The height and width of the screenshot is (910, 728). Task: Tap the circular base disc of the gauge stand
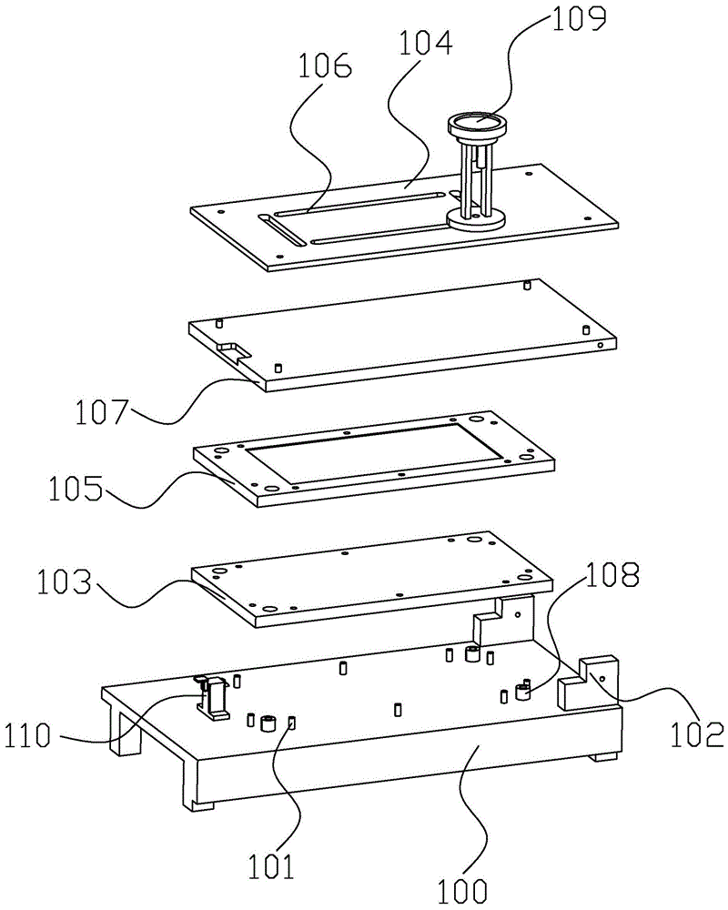[x=478, y=219]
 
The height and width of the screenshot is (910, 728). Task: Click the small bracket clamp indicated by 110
[x=216, y=698]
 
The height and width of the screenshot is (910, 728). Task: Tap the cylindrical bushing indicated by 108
[x=522, y=693]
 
